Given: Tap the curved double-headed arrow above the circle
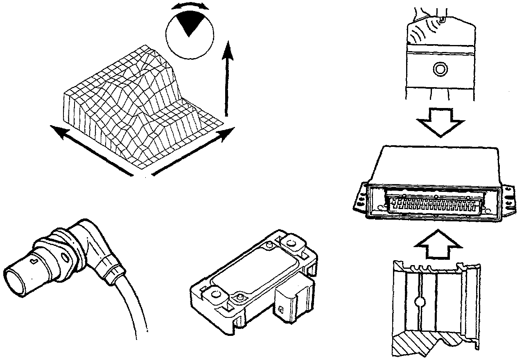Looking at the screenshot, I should coord(190,6).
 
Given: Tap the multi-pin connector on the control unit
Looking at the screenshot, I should coord(434,203).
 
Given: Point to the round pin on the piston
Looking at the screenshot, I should coord(440,69).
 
